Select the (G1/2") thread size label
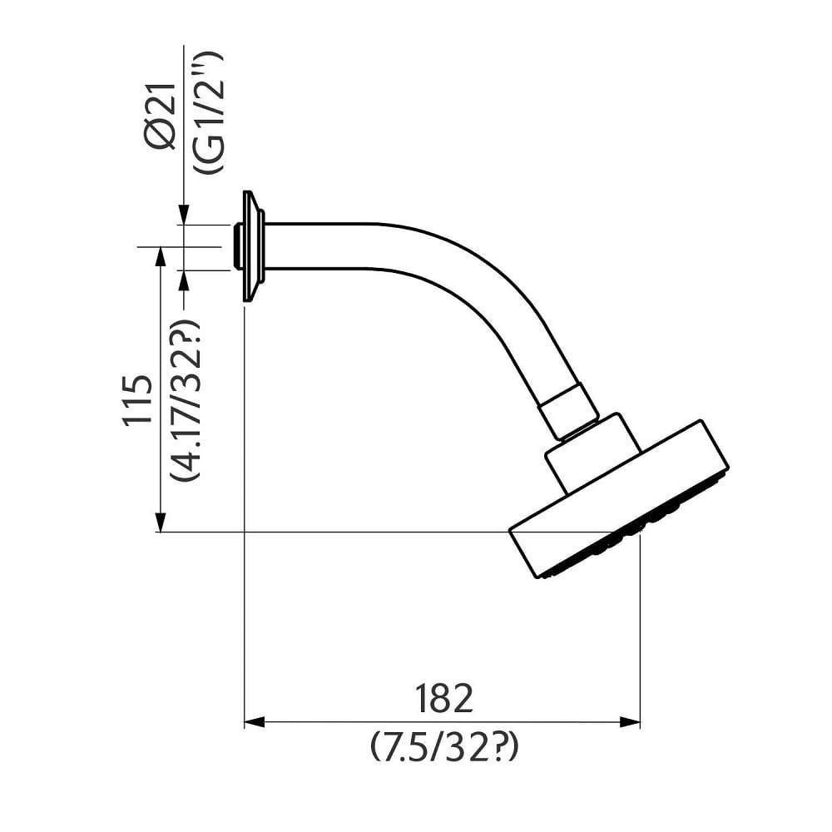pos(206,112)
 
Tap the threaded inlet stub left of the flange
pos(240,246)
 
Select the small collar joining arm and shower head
pos(569,410)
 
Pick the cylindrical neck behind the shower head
pos(592,453)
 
